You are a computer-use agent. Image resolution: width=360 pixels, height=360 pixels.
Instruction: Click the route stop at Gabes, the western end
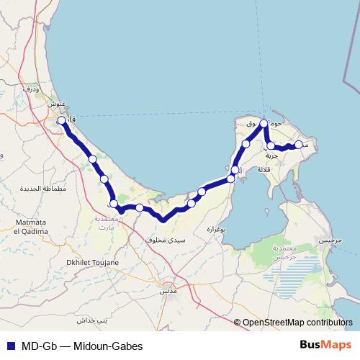coord(62,121)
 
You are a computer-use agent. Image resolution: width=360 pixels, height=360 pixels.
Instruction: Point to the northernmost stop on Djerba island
coord(264,124)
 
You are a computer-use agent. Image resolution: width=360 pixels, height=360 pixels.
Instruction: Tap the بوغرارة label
coord(217,230)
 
